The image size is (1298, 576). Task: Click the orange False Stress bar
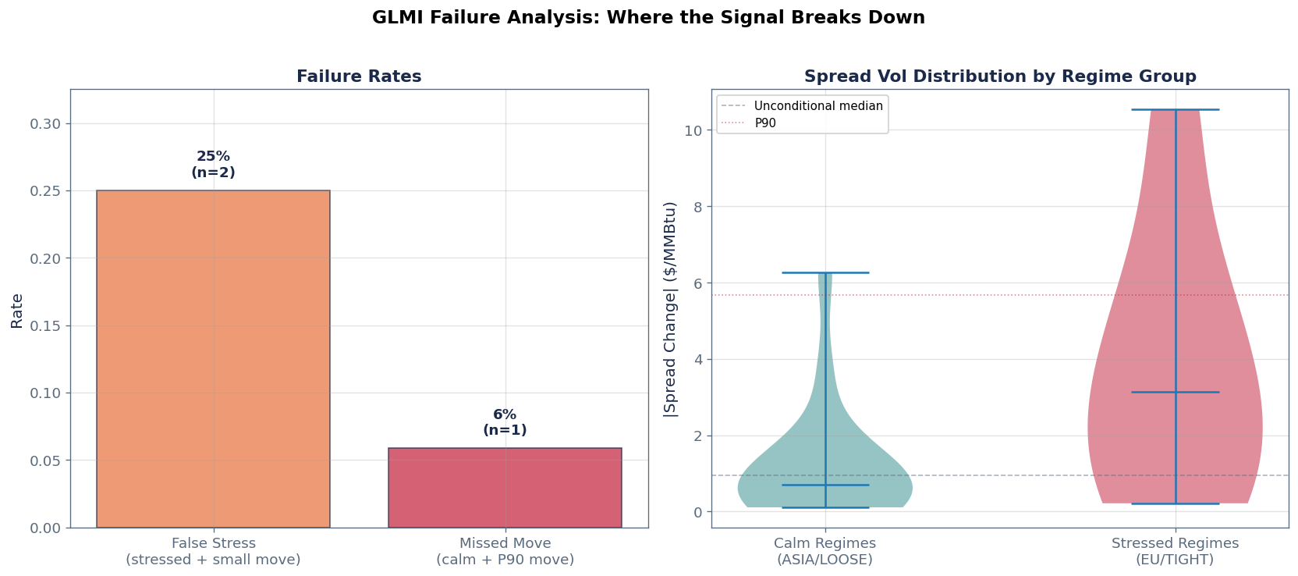click(213, 359)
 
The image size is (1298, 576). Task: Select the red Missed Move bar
click(505, 488)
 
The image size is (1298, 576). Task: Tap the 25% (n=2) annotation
click(213, 165)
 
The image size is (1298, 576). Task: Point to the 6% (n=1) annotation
click(505, 422)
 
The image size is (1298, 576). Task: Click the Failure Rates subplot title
click(359, 76)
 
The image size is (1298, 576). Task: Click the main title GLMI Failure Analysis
click(648, 17)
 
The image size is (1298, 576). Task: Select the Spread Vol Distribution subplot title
click(1000, 76)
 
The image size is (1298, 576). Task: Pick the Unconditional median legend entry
click(817, 106)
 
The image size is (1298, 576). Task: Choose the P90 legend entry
click(764, 123)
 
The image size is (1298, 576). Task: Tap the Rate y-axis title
click(17, 310)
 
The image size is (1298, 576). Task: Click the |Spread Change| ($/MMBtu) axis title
click(670, 309)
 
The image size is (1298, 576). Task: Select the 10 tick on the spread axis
click(693, 130)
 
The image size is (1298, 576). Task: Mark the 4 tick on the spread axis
click(697, 360)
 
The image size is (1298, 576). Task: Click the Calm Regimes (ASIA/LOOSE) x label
click(825, 551)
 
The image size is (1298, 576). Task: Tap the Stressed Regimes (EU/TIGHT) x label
click(1175, 551)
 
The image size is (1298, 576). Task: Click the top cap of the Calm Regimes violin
click(825, 272)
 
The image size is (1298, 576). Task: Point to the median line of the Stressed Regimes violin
click(1175, 392)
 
